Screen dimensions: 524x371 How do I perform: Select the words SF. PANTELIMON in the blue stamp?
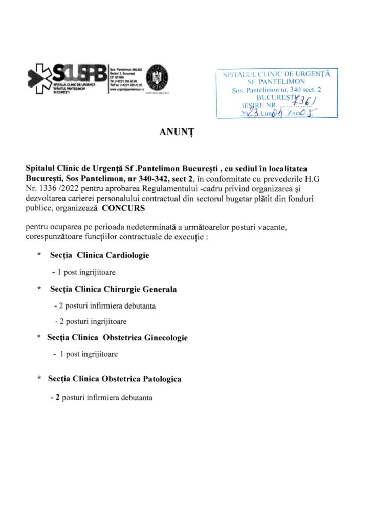(x=277, y=82)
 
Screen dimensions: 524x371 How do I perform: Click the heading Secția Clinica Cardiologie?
(x=99, y=255)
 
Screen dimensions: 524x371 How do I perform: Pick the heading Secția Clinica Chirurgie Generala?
(x=113, y=289)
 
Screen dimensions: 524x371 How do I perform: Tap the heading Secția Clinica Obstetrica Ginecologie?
(x=117, y=338)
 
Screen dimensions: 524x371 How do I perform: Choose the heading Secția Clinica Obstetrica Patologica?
(x=115, y=379)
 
